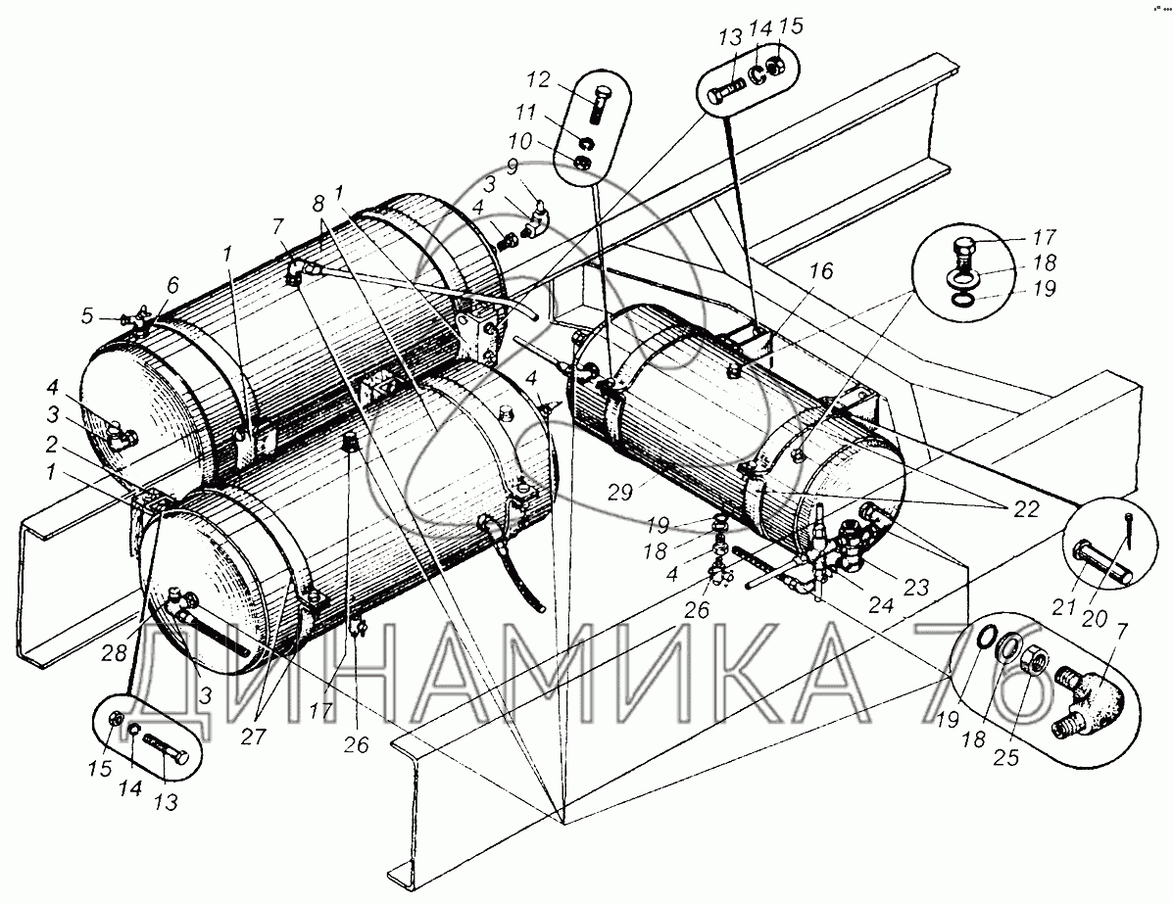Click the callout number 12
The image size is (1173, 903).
[x=538, y=80]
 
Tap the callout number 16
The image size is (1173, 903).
[x=820, y=270]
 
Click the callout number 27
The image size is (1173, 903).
[x=253, y=736]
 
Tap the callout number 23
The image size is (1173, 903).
[x=915, y=587]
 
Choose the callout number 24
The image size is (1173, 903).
[x=881, y=604]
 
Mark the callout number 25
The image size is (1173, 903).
[x=1006, y=757]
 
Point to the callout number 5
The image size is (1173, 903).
[x=88, y=316]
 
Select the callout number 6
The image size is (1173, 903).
[x=172, y=285]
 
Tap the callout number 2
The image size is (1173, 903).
[x=51, y=445]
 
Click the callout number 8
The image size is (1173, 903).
[x=318, y=204]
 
